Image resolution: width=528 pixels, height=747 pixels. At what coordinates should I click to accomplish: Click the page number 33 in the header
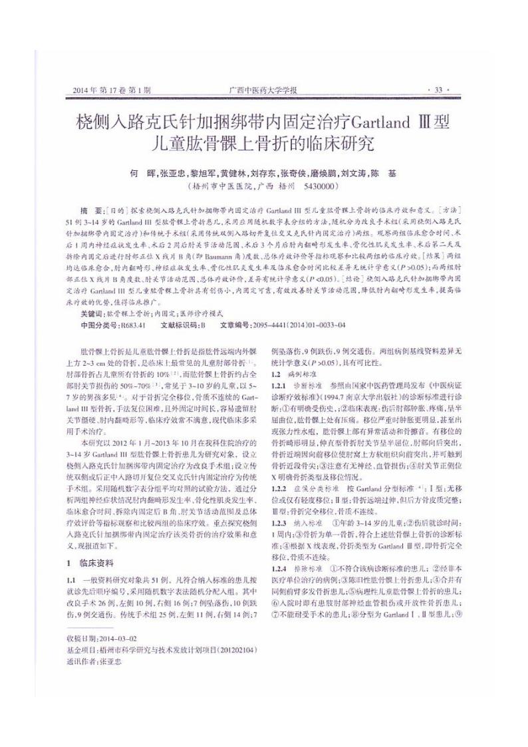click(438, 90)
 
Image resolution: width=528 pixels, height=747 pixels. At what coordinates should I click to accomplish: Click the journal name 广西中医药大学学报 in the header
click(263, 90)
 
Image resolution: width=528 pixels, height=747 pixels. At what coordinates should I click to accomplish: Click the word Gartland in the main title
click(386, 123)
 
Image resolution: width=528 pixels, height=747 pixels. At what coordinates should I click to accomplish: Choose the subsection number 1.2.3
click(278, 524)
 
